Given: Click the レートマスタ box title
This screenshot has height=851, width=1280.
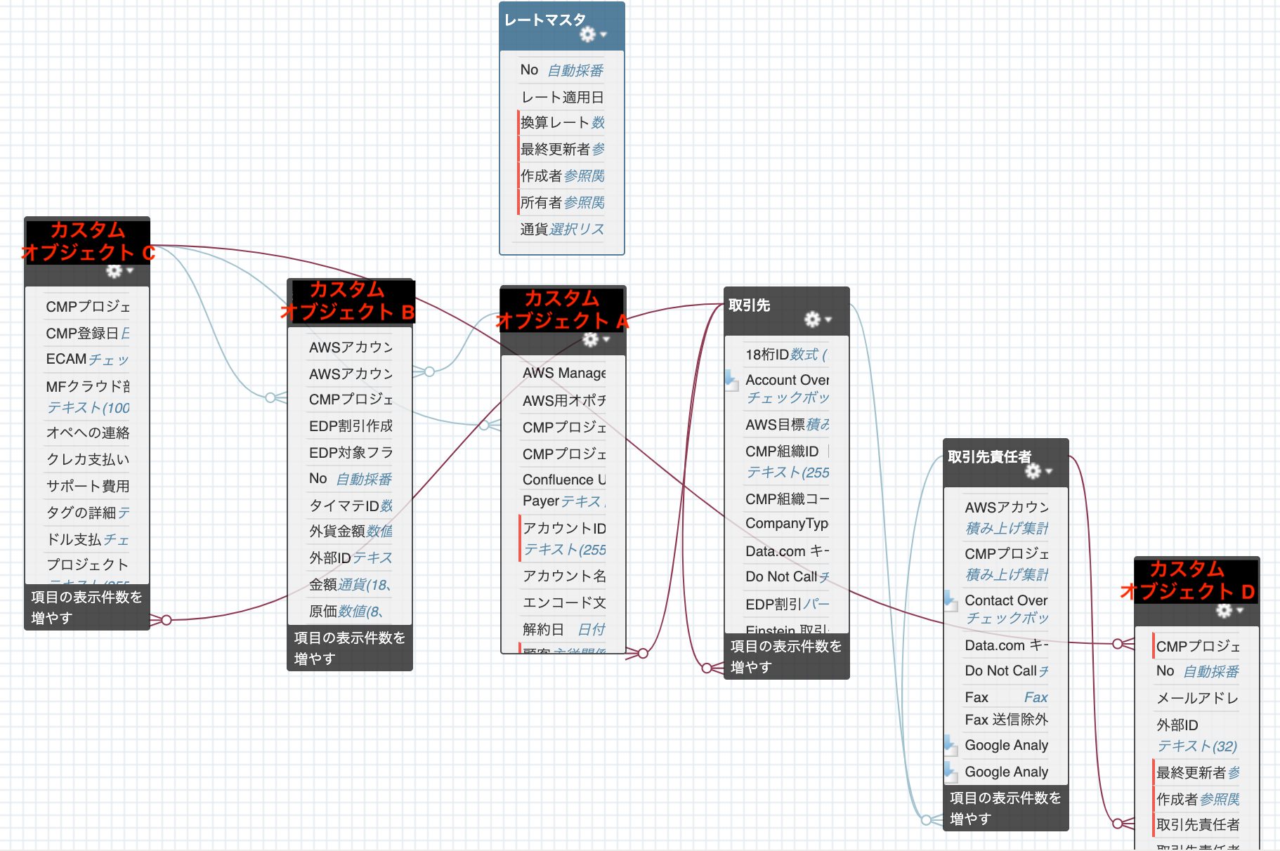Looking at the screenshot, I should [x=545, y=20].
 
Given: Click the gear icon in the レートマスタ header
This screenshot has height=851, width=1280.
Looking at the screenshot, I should [x=588, y=34].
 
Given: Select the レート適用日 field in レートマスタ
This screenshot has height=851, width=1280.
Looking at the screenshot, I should [x=562, y=97].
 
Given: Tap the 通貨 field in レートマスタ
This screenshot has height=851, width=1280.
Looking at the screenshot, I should [x=562, y=229].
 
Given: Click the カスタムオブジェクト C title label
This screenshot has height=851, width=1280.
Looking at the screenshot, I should [x=88, y=241].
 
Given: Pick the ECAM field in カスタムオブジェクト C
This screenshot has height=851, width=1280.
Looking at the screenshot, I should [x=87, y=359].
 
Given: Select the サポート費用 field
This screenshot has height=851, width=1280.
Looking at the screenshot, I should [x=87, y=486].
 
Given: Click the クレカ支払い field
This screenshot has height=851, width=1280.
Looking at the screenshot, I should [x=87, y=459].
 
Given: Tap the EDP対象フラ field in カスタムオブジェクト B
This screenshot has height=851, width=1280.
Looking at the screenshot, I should [x=351, y=452].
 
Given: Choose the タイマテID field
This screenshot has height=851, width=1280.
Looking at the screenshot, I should [x=351, y=506].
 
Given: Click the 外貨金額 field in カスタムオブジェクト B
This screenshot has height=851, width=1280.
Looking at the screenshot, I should [x=351, y=532].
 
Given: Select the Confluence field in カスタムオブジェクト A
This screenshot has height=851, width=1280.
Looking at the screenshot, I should [x=563, y=480].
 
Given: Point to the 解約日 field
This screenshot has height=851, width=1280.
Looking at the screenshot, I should [x=563, y=629].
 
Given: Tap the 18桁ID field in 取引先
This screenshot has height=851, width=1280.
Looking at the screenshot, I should [x=787, y=355].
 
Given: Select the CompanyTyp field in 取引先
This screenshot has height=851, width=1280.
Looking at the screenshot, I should [x=787, y=523].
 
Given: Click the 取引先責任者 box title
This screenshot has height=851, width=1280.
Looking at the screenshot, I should [x=989, y=457].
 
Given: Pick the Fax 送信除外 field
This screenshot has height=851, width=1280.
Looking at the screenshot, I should [x=1006, y=720].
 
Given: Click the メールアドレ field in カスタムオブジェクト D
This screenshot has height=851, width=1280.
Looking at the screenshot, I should [x=1197, y=698].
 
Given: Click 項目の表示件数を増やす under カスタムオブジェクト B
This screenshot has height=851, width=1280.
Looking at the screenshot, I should [x=349, y=648].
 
